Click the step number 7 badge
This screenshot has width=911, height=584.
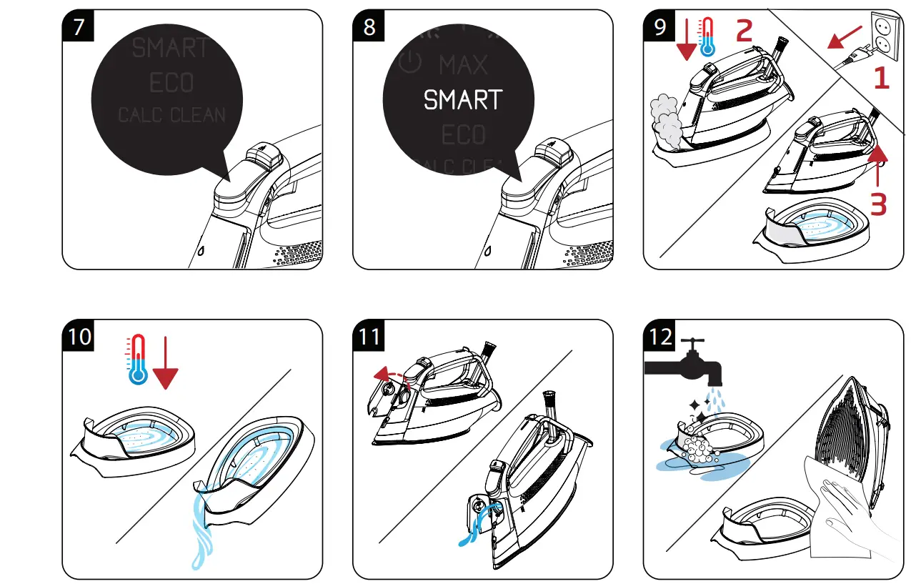pyautogui.click(x=76, y=26)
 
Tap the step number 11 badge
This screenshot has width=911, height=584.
pyautogui.click(x=369, y=336)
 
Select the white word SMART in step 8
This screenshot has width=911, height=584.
pyautogui.click(x=463, y=100)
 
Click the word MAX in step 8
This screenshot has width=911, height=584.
pyautogui.click(x=463, y=66)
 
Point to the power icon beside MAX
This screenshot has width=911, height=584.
pyautogui.click(x=410, y=64)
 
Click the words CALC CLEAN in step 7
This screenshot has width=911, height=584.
pyautogui.click(x=171, y=115)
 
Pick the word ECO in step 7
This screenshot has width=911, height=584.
pyautogui.click(x=171, y=83)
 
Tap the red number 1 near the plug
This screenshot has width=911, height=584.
pyautogui.click(x=881, y=78)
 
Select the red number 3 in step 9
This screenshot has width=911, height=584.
pyautogui.click(x=877, y=203)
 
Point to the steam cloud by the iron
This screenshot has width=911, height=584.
pyautogui.click(x=668, y=119)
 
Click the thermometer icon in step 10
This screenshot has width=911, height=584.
pyautogui.click(x=136, y=359)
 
